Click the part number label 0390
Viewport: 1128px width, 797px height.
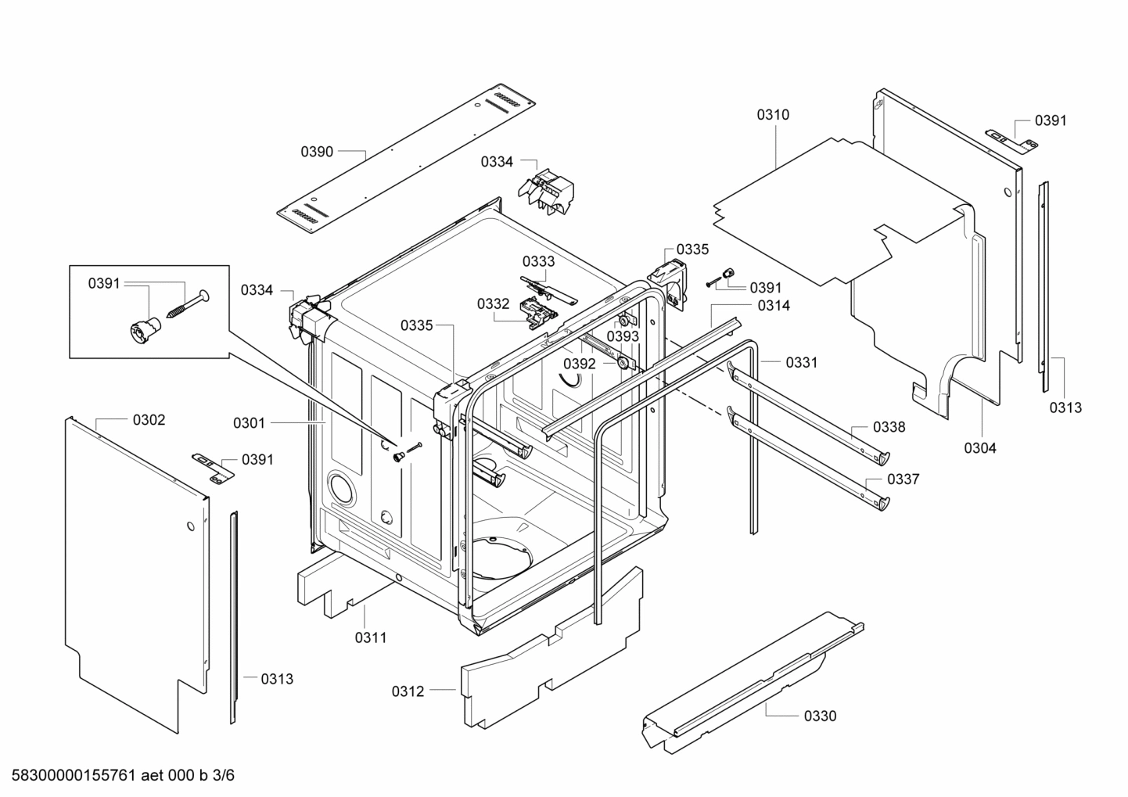(317, 152)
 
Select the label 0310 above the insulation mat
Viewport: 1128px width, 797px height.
(773, 115)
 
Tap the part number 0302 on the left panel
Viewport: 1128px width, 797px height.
(149, 420)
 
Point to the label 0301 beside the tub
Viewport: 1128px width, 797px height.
(249, 423)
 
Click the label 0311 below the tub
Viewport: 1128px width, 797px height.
(371, 637)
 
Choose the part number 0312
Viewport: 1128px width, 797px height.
(408, 691)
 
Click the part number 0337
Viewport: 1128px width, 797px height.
(903, 479)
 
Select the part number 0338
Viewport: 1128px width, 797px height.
(889, 427)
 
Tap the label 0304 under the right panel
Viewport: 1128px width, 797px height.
(980, 448)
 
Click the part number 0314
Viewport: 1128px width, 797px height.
(774, 306)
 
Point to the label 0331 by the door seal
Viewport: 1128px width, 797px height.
(802, 362)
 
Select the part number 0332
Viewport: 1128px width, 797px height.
(493, 304)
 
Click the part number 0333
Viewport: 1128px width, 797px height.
(539, 261)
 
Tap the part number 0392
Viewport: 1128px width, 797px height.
(580, 364)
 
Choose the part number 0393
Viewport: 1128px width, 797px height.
(623, 336)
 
